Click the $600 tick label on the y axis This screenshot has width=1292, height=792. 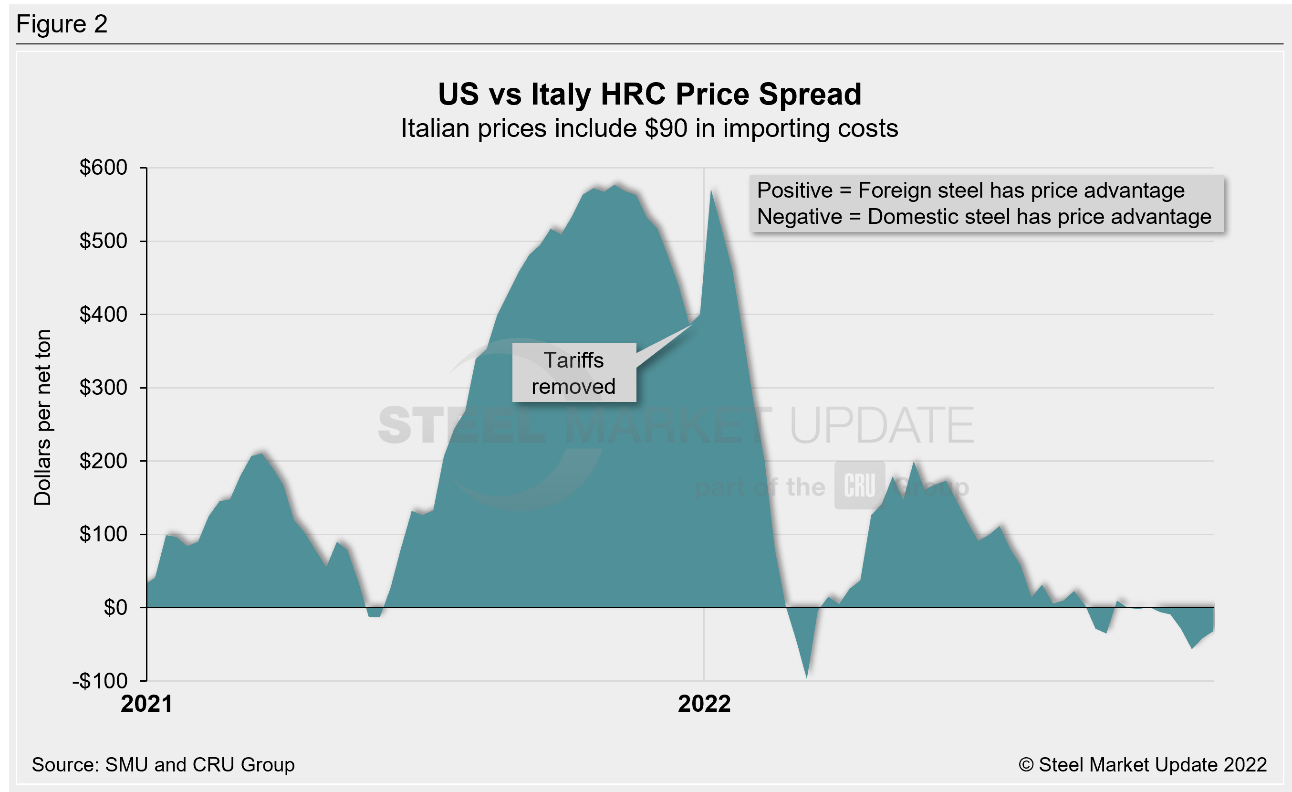click(104, 168)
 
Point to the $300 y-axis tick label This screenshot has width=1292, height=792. click(104, 388)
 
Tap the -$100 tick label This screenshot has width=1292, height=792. click(100, 681)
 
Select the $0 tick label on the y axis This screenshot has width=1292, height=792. click(115, 607)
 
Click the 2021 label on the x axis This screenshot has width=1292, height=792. click(146, 704)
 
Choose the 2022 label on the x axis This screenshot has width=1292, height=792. click(704, 704)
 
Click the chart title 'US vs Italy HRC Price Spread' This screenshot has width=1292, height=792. click(649, 95)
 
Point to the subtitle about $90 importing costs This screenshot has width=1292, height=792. click(649, 128)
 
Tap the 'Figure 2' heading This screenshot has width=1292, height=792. click(62, 24)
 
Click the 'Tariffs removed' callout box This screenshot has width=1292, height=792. click(573, 373)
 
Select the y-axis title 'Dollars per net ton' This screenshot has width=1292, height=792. click(43, 418)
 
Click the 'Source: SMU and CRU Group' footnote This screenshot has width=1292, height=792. click(163, 765)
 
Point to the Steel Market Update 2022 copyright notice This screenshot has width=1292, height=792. click(1142, 765)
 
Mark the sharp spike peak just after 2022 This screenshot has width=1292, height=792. click(711, 191)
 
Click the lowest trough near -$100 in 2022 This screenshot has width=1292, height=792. click(806, 676)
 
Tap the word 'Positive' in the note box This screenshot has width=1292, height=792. click(794, 190)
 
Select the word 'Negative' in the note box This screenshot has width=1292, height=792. click(799, 217)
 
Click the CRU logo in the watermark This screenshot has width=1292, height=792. click(859, 486)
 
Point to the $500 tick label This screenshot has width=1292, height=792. click(104, 241)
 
